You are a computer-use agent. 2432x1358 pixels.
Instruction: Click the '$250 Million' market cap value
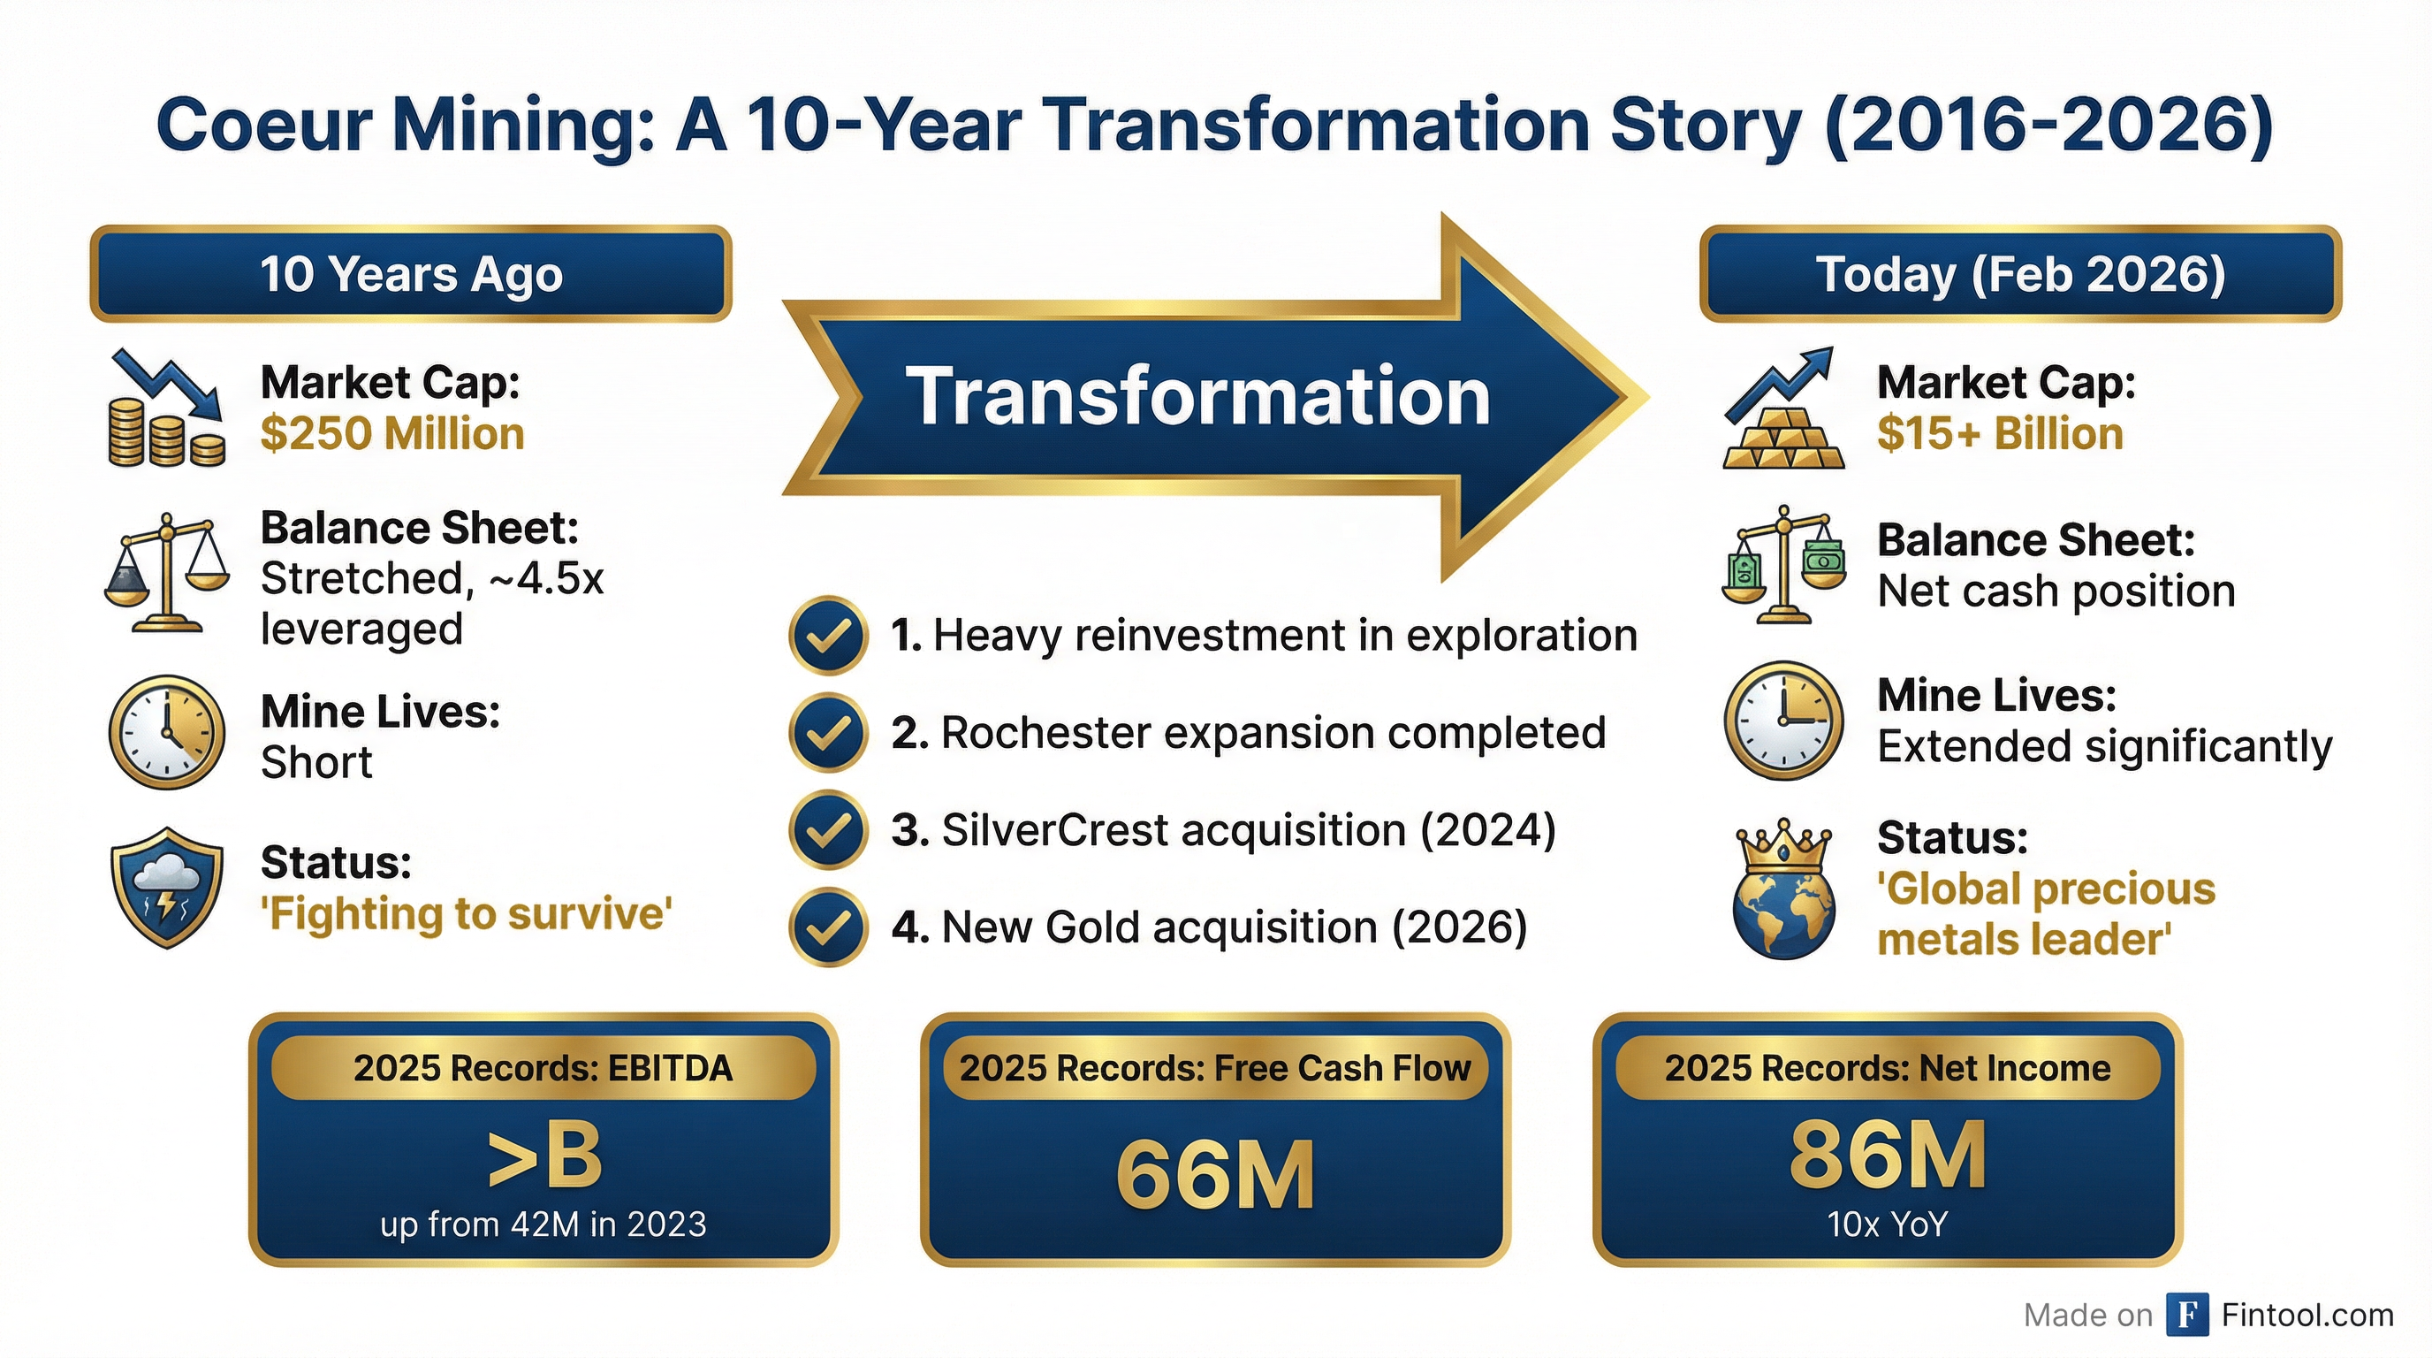(x=391, y=434)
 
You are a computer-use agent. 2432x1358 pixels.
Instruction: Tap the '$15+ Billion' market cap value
(x=2000, y=434)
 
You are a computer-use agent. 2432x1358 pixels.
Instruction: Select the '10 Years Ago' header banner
(x=411, y=274)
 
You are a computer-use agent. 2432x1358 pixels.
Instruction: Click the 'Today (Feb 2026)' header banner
(x=2020, y=274)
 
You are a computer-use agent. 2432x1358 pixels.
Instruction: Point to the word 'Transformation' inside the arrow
(x=1197, y=397)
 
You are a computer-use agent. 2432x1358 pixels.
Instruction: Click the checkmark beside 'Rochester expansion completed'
(x=828, y=733)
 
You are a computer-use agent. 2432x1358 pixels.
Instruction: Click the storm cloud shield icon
(x=167, y=888)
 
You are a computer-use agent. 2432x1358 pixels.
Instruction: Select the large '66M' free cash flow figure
(x=1215, y=1175)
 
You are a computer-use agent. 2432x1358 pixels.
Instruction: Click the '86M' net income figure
(x=1888, y=1154)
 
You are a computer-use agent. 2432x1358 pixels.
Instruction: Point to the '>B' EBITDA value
(x=543, y=1156)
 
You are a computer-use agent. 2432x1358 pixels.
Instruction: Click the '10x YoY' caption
(x=1888, y=1224)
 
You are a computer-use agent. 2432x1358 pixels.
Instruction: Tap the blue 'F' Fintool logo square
(x=2187, y=1315)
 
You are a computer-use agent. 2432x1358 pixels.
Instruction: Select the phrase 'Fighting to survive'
(x=467, y=914)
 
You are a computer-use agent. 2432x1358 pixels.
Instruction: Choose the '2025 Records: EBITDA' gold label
(x=543, y=1068)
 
